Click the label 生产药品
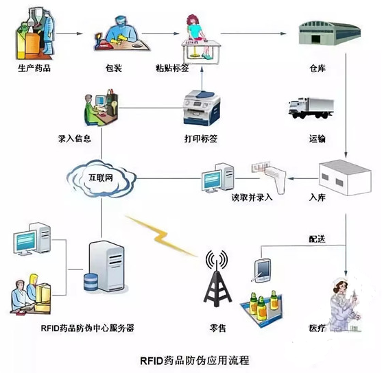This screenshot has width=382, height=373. [x=34, y=68]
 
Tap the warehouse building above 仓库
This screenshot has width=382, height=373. [x=330, y=34]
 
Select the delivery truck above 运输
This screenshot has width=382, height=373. [x=311, y=108]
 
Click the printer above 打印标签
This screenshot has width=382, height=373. [x=202, y=108]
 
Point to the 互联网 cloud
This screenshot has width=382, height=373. [x=101, y=178]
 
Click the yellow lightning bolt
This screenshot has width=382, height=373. [x=161, y=236]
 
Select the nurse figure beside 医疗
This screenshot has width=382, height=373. [x=344, y=304]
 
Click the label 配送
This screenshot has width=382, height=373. [x=318, y=239]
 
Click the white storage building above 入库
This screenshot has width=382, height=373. [x=345, y=178]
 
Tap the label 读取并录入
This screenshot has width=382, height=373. [x=252, y=197]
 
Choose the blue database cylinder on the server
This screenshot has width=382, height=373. [x=91, y=282]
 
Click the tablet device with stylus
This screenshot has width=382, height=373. [x=262, y=271]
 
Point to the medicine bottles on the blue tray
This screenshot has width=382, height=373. [x=263, y=306]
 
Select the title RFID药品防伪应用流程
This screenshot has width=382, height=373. [x=195, y=361]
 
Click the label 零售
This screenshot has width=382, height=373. [x=217, y=328]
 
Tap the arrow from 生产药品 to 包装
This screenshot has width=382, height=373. [x=69, y=34]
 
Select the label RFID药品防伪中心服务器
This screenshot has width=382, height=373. [x=87, y=328]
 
